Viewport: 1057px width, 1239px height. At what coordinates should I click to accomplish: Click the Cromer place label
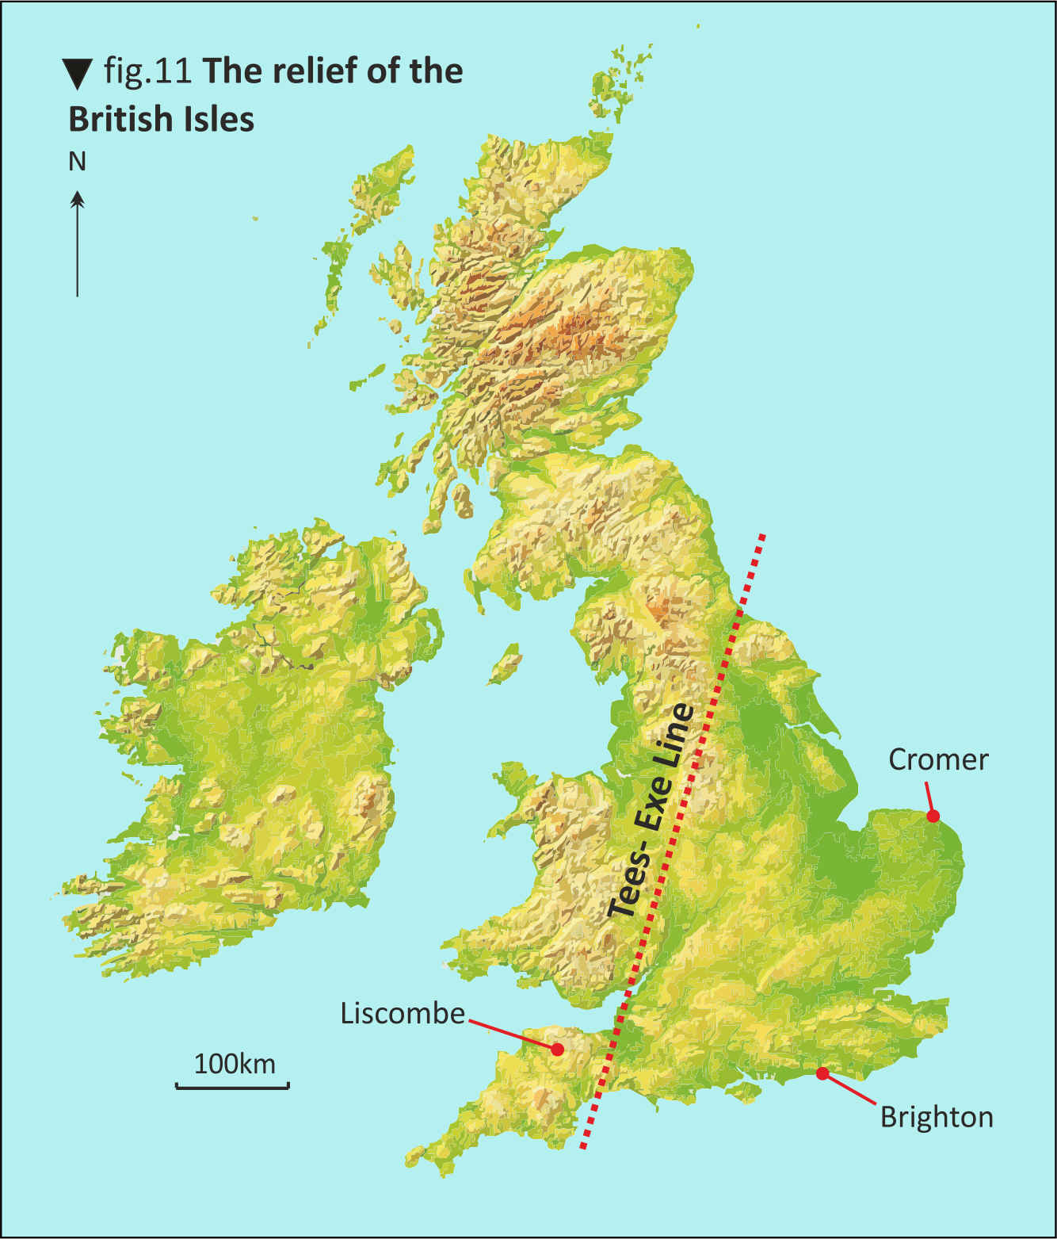(938, 759)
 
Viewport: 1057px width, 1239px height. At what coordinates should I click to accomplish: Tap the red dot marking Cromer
(933, 816)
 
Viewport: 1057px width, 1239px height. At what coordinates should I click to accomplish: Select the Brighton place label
(937, 1117)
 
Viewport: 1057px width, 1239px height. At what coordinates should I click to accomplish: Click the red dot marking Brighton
(822, 1073)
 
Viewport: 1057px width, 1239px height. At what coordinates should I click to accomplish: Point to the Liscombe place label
(403, 1013)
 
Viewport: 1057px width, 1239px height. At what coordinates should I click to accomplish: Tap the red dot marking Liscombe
(557, 1049)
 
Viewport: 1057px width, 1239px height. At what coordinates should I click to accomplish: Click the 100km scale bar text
(235, 1063)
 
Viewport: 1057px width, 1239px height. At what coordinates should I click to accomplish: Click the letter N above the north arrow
(77, 162)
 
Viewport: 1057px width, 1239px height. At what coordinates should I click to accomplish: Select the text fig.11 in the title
(147, 71)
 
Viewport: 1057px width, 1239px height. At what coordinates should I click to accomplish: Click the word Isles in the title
(219, 119)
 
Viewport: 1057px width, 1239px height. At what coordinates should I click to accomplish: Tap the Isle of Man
(505, 664)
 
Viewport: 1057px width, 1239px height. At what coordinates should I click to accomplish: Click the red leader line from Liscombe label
(511, 1032)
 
